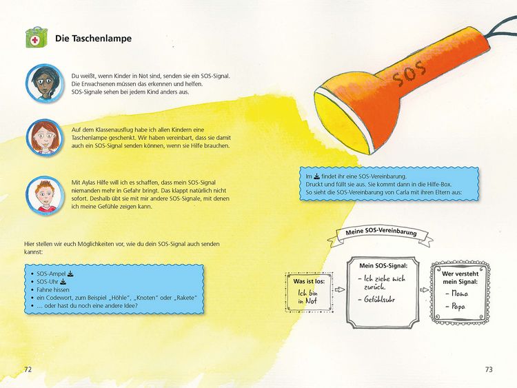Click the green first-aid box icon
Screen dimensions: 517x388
[37, 37]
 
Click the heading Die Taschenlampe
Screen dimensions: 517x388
[93, 38]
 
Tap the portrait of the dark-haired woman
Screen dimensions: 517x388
[45, 83]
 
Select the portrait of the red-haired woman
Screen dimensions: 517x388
[45, 137]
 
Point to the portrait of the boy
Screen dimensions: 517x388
[45, 195]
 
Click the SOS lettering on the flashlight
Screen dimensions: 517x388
[409, 75]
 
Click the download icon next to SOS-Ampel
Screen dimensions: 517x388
[70, 274]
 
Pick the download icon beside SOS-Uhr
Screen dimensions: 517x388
[63, 282]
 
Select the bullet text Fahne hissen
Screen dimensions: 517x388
[53, 289]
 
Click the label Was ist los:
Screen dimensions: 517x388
[309, 281]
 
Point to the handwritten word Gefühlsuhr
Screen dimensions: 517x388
[379, 300]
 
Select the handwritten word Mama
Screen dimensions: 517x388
[459, 293]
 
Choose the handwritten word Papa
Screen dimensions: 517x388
[458, 307]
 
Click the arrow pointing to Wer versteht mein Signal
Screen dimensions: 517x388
[425, 289]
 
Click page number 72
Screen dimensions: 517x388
[28, 369]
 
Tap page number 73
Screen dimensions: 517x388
[489, 369]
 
